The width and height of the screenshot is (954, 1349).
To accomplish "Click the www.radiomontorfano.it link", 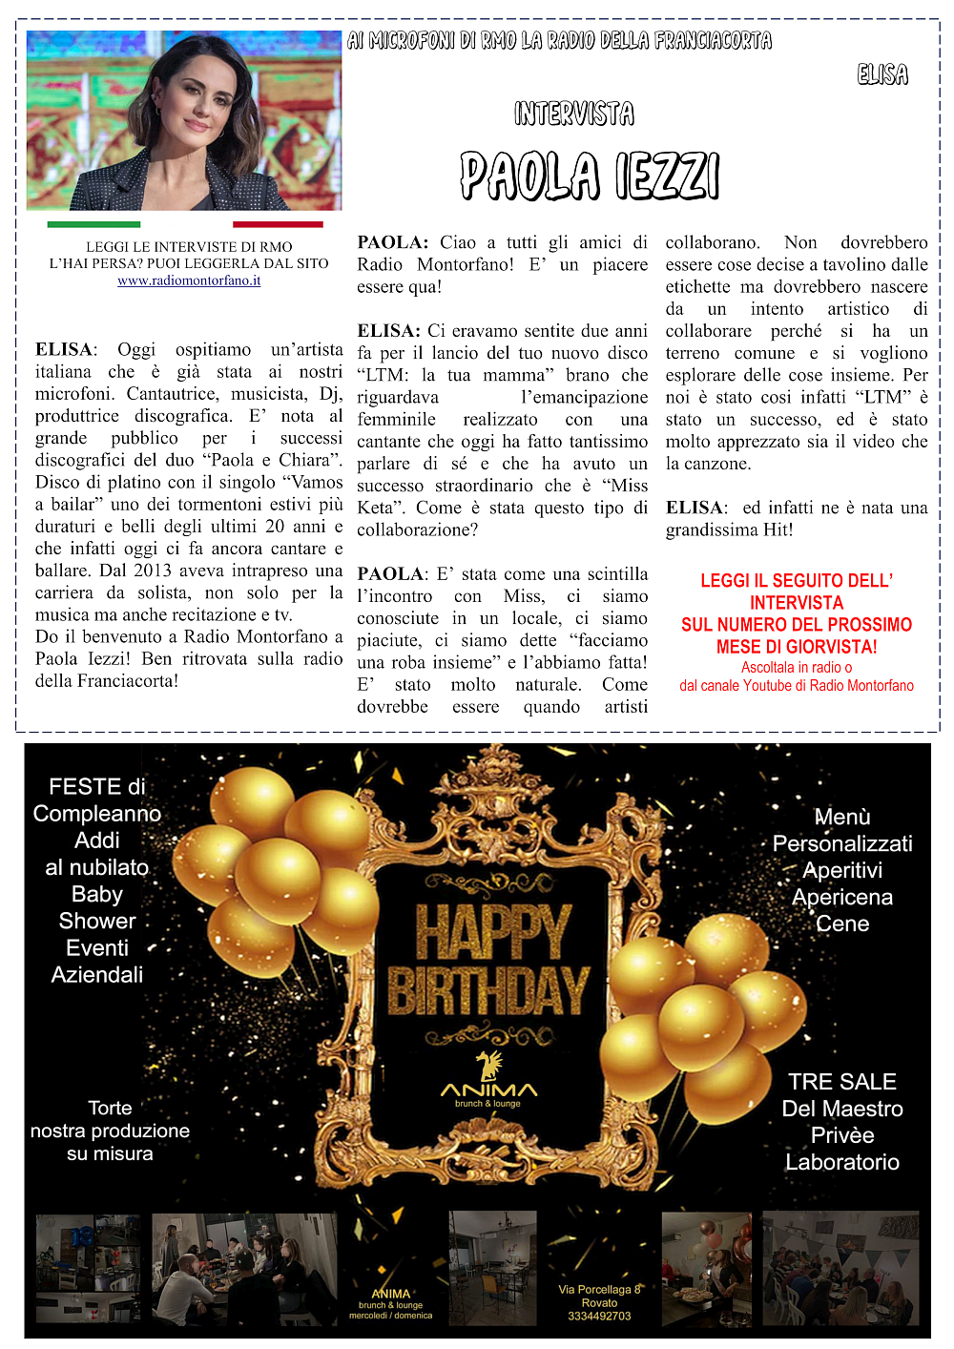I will point(189,280).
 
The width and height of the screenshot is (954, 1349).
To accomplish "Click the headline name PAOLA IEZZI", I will point(590,176).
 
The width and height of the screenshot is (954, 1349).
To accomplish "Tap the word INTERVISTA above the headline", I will point(574,114).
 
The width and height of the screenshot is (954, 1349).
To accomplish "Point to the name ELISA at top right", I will point(882,74).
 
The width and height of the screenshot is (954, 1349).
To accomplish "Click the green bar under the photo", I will point(93,225).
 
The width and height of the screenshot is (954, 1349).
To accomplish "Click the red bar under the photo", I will point(278,225).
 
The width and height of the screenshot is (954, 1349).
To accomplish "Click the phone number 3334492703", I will point(599,1316).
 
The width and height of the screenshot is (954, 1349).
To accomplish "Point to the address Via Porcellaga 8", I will point(599,1289).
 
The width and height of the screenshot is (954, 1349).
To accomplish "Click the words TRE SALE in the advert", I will point(842,1082).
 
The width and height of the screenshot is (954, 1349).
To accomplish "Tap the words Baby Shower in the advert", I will point(97,907).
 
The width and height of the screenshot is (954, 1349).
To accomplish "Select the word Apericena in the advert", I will point(842,897).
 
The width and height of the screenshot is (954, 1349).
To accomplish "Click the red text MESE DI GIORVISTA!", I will point(797,647).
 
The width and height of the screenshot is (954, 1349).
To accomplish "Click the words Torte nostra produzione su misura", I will point(110,1131).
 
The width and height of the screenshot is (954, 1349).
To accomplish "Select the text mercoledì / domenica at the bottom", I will point(390,1316).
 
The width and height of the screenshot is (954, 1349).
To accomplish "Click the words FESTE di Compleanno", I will point(97,799).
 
